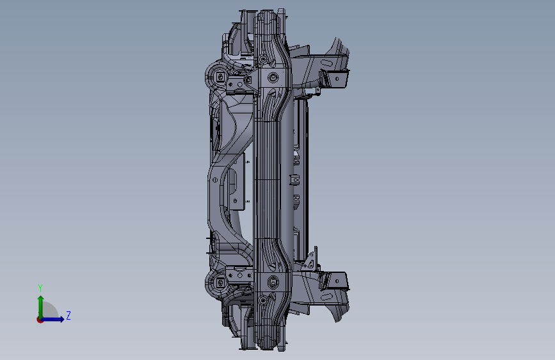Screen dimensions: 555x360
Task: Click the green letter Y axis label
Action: [x=40, y=288]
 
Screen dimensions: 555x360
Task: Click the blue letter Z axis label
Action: [x=68, y=315]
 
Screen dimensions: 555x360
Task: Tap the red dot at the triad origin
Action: [x=40, y=320]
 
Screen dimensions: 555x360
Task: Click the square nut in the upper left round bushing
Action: [x=220, y=77]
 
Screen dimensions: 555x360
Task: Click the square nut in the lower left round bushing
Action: [x=220, y=282]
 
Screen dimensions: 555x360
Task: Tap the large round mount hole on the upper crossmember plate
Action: [x=273, y=77]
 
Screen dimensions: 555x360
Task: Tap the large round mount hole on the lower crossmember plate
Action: [x=273, y=282]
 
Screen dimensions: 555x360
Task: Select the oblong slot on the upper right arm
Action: [x=327, y=63]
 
